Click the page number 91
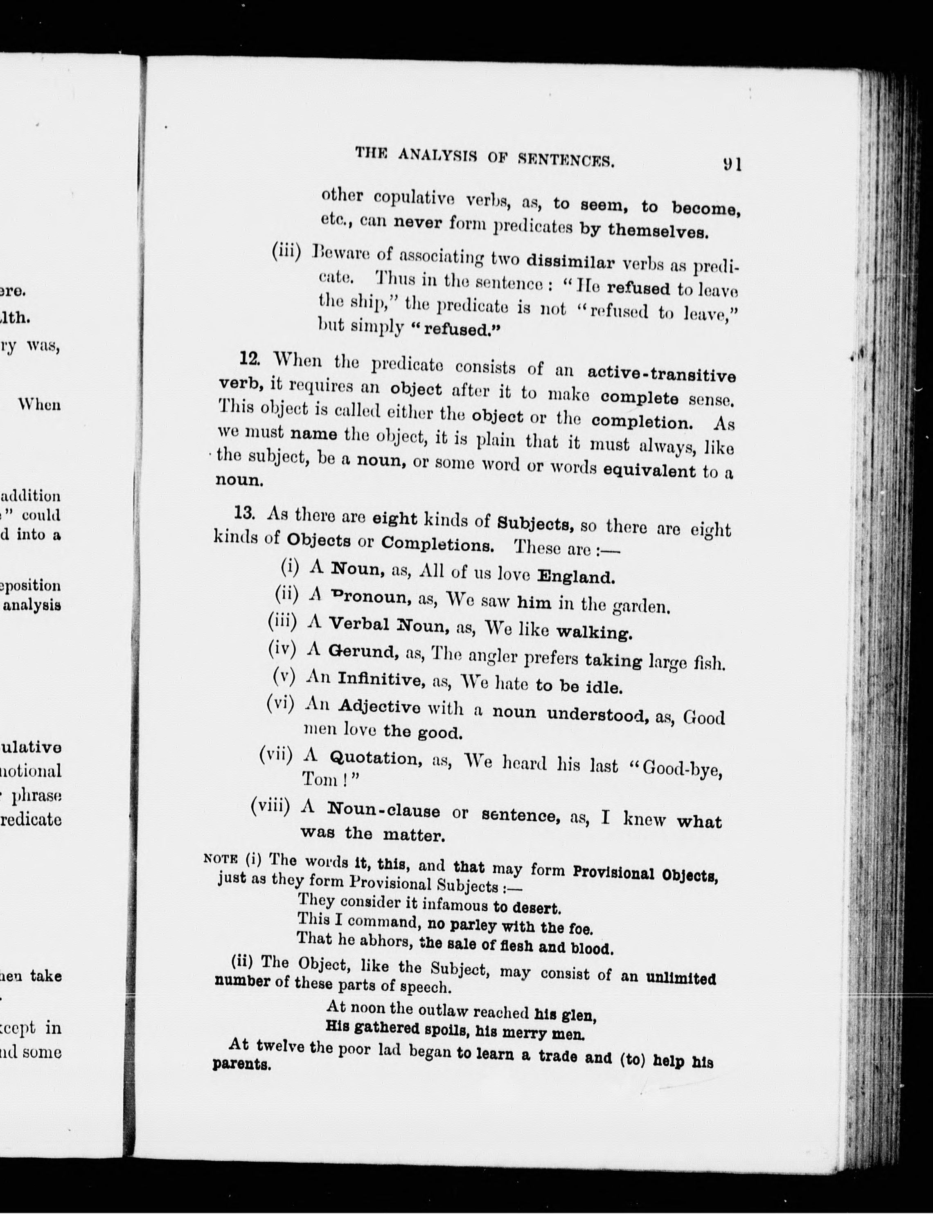[732, 164]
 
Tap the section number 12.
[249, 359]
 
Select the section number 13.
[244, 513]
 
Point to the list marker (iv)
[282, 647]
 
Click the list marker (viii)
[270, 806]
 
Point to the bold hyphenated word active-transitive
[661, 373]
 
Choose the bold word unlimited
[680, 978]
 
